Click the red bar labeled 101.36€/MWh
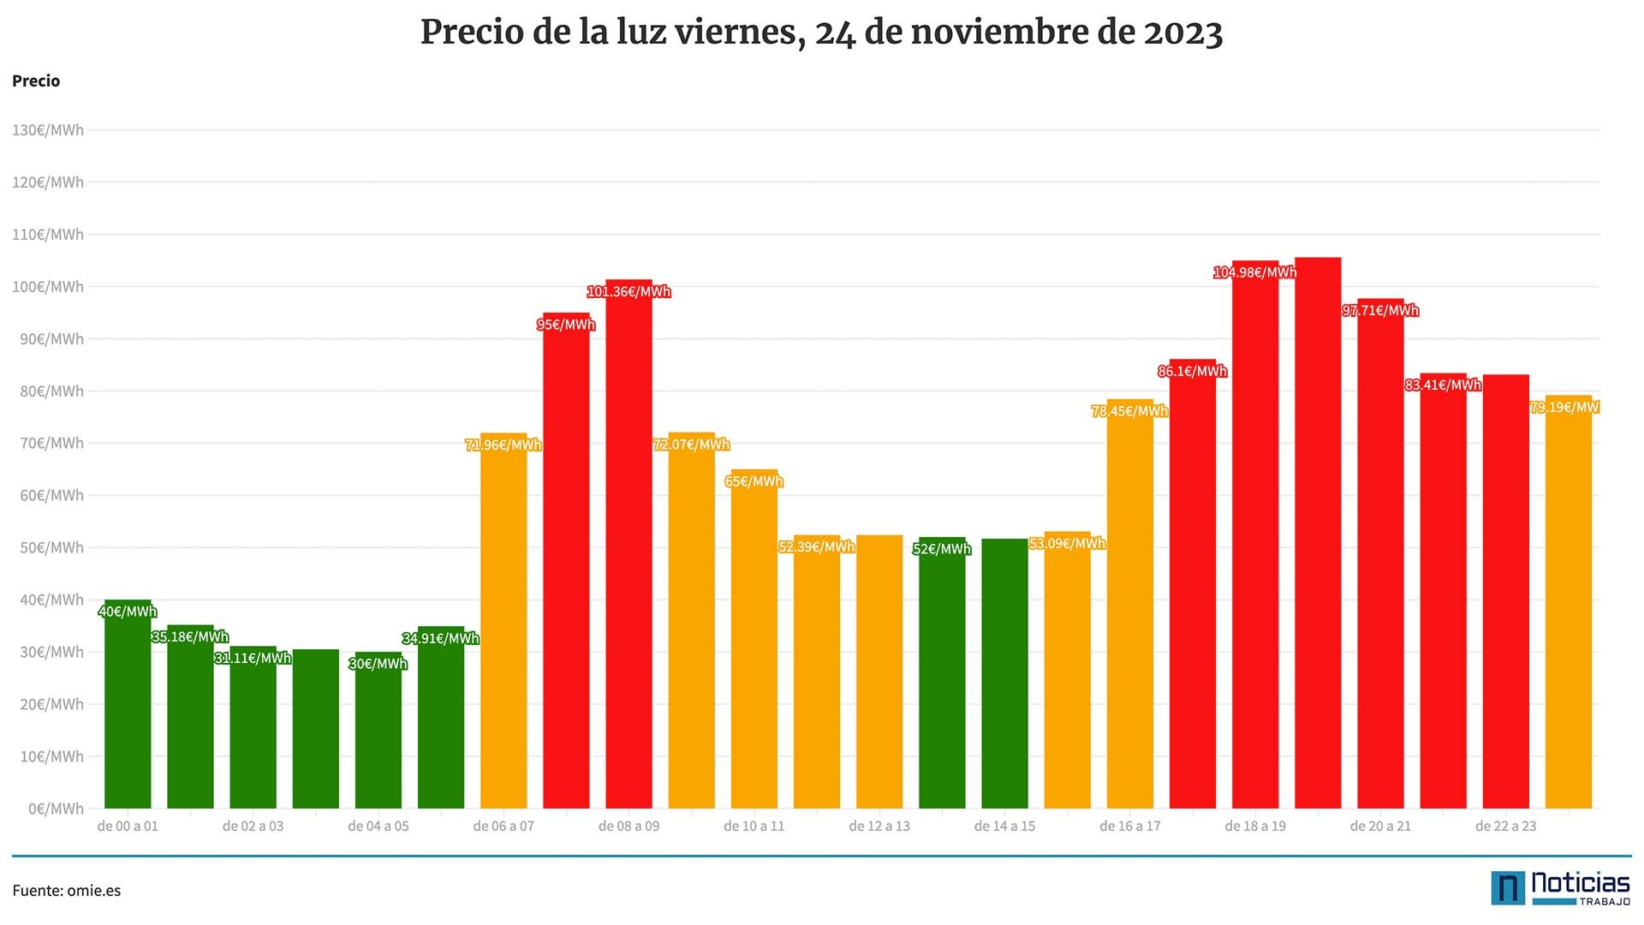tap(628, 544)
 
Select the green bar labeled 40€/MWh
tap(128, 704)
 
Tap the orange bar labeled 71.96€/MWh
tap(503, 621)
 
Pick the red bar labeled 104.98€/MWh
tap(1255, 534)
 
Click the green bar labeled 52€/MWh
tap(942, 672)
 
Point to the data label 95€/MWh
tap(566, 325)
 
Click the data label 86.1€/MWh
tap(1193, 371)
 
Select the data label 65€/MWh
tap(754, 481)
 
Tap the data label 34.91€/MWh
tap(441, 638)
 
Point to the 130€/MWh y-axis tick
tap(48, 130)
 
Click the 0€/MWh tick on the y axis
tap(56, 809)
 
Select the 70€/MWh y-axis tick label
tap(51, 443)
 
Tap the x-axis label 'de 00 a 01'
tap(128, 827)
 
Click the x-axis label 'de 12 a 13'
tap(879, 827)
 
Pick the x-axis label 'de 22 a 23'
tap(1506, 827)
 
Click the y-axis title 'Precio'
tap(36, 81)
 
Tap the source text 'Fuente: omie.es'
tap(67, 891)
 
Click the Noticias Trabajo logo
tap(1560, 889)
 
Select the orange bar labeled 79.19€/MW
tap(1569, 601)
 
